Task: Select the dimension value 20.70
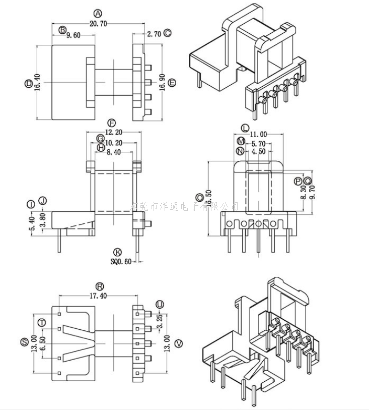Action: click(x=98, y=23)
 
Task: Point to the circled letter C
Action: click(x=168, y=33)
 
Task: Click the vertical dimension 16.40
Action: click(x=37, y=82)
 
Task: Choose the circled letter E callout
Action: click(x=173, y=82)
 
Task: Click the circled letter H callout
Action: click(x=101, y=148)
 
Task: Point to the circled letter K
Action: click(x=118, y=252)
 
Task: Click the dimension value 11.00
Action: click(x=258, y=135)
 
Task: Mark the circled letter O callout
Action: click(x=200, y=197)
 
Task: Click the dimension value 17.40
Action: click(x=98, y=296)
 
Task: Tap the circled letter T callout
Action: click(x=42, y=323)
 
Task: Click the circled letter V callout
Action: click(x=177, y=344)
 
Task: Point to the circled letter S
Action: click(x=24, y=342)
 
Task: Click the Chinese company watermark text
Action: click(x=184, y=206)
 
